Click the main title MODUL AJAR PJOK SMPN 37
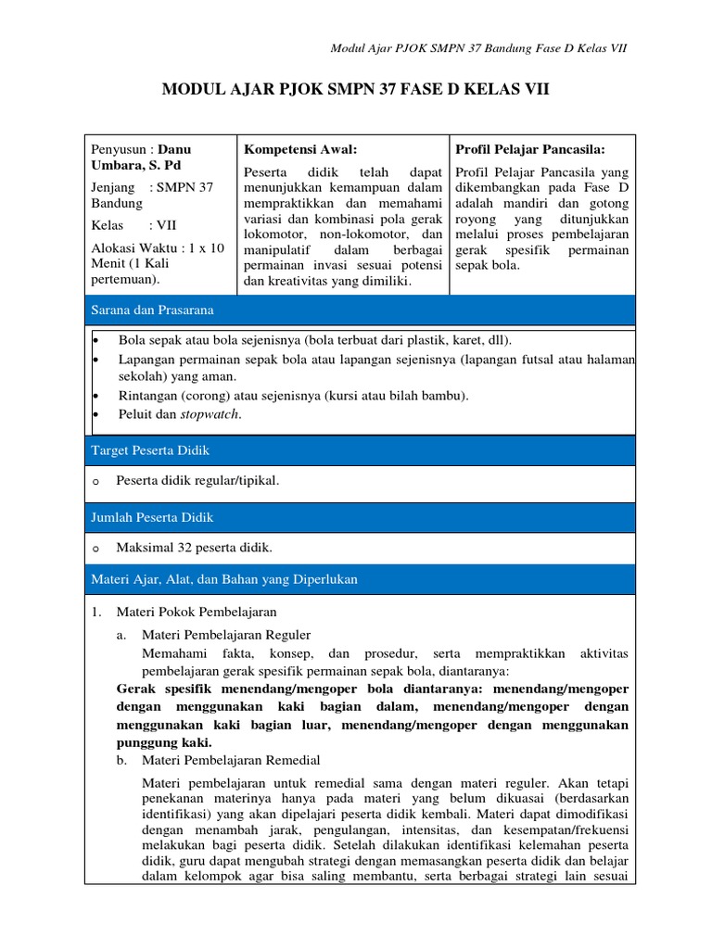356,90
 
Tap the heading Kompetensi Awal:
299,148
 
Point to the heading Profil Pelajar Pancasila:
530,148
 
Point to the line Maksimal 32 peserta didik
194,548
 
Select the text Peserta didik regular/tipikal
197,480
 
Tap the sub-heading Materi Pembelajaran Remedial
230,760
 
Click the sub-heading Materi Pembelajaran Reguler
225,635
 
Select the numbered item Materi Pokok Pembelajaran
196,612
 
